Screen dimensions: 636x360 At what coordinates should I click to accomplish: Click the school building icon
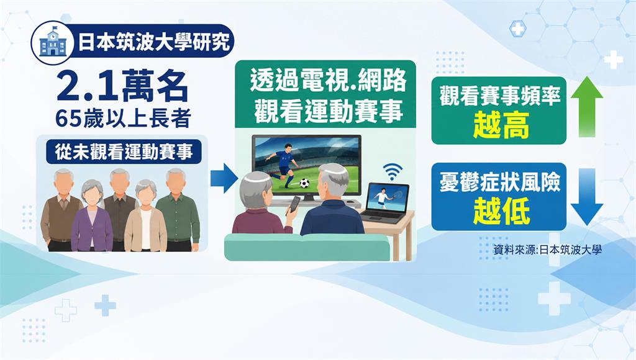(x=53, y=43)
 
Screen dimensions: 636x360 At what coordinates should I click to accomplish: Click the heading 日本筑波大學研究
(x=154, y=42)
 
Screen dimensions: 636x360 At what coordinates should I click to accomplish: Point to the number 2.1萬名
(x=122, y=86)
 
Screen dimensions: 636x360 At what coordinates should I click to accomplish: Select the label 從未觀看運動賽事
(x=124, y=152)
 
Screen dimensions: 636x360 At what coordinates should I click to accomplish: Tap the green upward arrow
(x=587, y=106)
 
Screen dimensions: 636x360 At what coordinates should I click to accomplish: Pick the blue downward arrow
(x=587, y=197)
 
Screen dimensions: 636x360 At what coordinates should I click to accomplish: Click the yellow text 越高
(x=501, y=125)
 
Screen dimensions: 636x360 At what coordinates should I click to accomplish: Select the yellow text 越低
(x=501, y=211)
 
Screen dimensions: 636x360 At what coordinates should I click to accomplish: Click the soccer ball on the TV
(x=304, y=183)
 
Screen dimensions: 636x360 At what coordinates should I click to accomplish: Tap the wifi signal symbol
(x=393, y=171)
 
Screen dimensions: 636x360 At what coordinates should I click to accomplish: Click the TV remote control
(x=294, y=205)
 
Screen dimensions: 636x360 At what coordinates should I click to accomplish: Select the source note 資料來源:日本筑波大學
(x=547, y=250)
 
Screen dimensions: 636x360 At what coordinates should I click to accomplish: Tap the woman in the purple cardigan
(x=92, y=215)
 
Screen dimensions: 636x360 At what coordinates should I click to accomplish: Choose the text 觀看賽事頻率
(x=500, y=96)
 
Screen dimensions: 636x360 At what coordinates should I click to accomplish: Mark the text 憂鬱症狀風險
(x=500, y=182)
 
